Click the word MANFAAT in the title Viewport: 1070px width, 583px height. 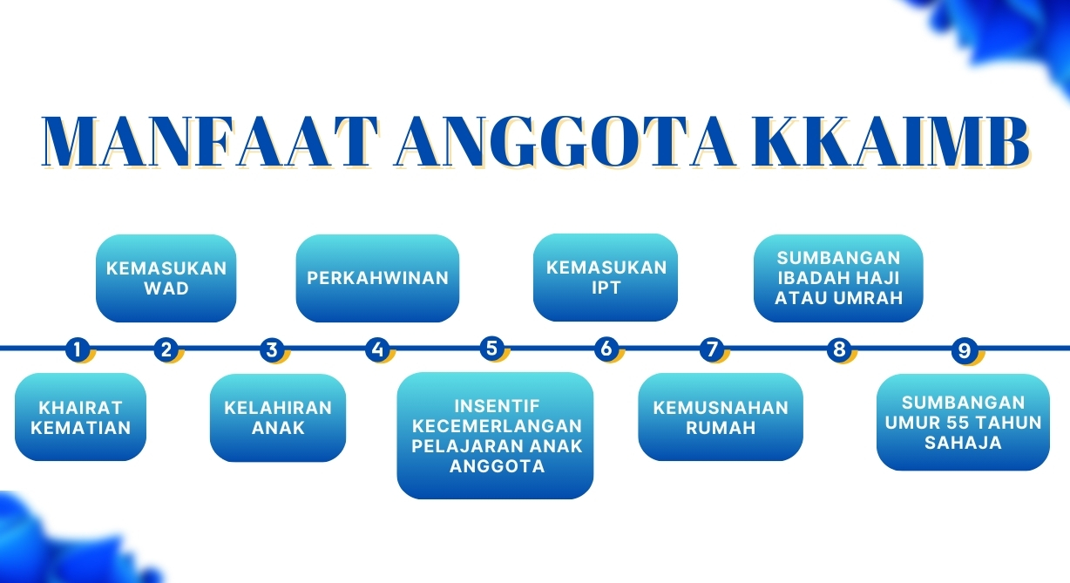pyautogui.click(x=210, y=142)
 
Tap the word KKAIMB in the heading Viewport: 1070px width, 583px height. pyautogui.click(x=891, y=142)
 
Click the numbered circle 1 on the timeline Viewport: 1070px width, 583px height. pyautogui.click(x=78, y=349)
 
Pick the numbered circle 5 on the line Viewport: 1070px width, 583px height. pyautogui.click(x=492, y=348)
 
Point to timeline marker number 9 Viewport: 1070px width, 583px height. pyautogui.click(x=964, y=350)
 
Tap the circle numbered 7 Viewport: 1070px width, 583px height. pyautogui.click(x=712, y=349)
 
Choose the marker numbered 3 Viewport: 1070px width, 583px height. pyautogui.click(x=272, y=349)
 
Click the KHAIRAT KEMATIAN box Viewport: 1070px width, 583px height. pyautogui.click(x=80, y=417)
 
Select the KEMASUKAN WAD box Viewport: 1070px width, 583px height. pyautogui.click(x=166, y=278)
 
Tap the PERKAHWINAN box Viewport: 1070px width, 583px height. pyautogui.click(x=377, y=278)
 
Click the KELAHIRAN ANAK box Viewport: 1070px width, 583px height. pyautogui.click(x=278, y=417)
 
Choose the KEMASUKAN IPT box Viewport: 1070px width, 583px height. pyautogui.click(x=606, y=277)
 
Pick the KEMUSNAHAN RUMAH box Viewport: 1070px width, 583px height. pyautogui.click(x=721, y=417)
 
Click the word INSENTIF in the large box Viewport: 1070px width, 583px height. pyautogui.click(x=497, y=406)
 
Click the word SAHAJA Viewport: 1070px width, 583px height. pyautogui.click(x=963, y=443)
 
